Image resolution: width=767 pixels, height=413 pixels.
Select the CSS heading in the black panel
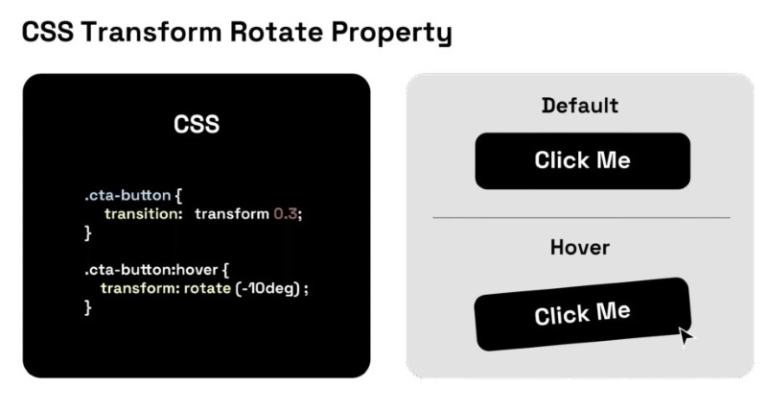[197, 124]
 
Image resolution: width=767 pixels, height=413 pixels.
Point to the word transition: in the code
[143, 213]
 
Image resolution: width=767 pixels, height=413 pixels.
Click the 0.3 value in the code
[287, 213]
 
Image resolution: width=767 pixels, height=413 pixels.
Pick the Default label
[580, 105]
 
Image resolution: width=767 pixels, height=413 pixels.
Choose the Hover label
[580, 248]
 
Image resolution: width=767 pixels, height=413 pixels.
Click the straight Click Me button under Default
[582, 160]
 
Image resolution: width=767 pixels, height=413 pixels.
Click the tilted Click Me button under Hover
[582, 314]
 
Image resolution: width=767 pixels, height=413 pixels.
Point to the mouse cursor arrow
[685, 335]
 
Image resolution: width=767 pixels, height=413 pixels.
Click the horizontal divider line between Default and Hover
[581, 218]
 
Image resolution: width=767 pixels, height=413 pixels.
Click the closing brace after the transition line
[87, 232]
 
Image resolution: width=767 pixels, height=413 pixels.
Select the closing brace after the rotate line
[87, 307]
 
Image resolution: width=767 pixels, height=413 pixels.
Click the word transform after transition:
[231, 213]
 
